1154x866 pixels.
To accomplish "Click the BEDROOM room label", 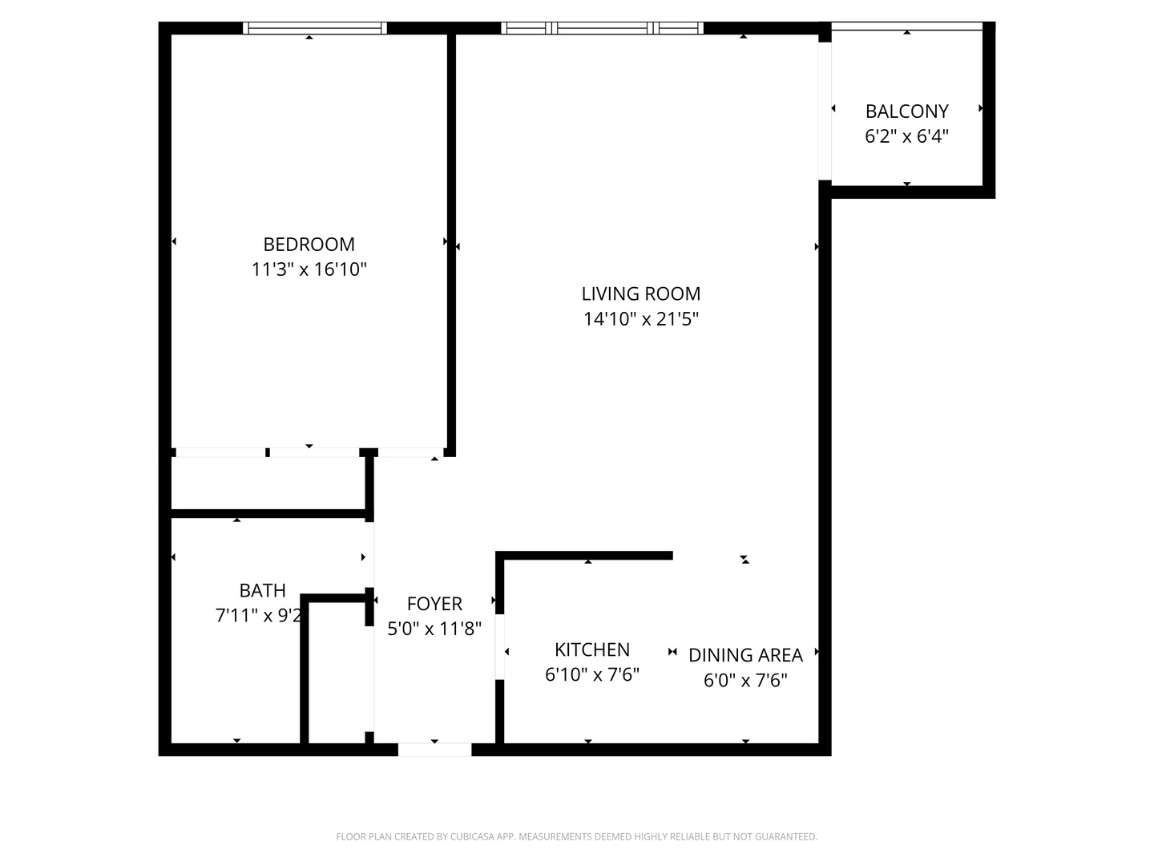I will coord(309,244).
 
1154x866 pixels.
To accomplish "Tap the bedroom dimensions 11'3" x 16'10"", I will coord(309,269).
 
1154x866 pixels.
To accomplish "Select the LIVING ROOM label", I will coord(641,293).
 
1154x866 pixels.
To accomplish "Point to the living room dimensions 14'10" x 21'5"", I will coord(641,319).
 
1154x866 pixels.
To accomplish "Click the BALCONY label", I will coord(906,111).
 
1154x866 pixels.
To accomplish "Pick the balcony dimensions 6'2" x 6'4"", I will coord(906,136).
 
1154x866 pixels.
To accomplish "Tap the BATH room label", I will coord(262,591).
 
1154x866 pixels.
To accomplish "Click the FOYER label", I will coord(434,604).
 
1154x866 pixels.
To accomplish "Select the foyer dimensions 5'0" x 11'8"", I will coord(434,629).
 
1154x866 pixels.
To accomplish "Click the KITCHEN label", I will coord(592,649).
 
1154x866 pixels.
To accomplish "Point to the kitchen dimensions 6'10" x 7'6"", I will coord(592,674).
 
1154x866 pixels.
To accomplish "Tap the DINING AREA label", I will coord(745,655).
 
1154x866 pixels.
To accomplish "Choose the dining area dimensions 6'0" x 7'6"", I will coord(745,681).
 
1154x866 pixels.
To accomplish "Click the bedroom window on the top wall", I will coord(315,28).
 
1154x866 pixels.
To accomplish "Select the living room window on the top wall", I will coord(603,28).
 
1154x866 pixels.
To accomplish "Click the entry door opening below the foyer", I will coord(434,750).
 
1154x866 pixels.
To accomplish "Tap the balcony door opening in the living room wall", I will coord(825,111).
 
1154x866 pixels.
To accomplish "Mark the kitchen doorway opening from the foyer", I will coord(499,646).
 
